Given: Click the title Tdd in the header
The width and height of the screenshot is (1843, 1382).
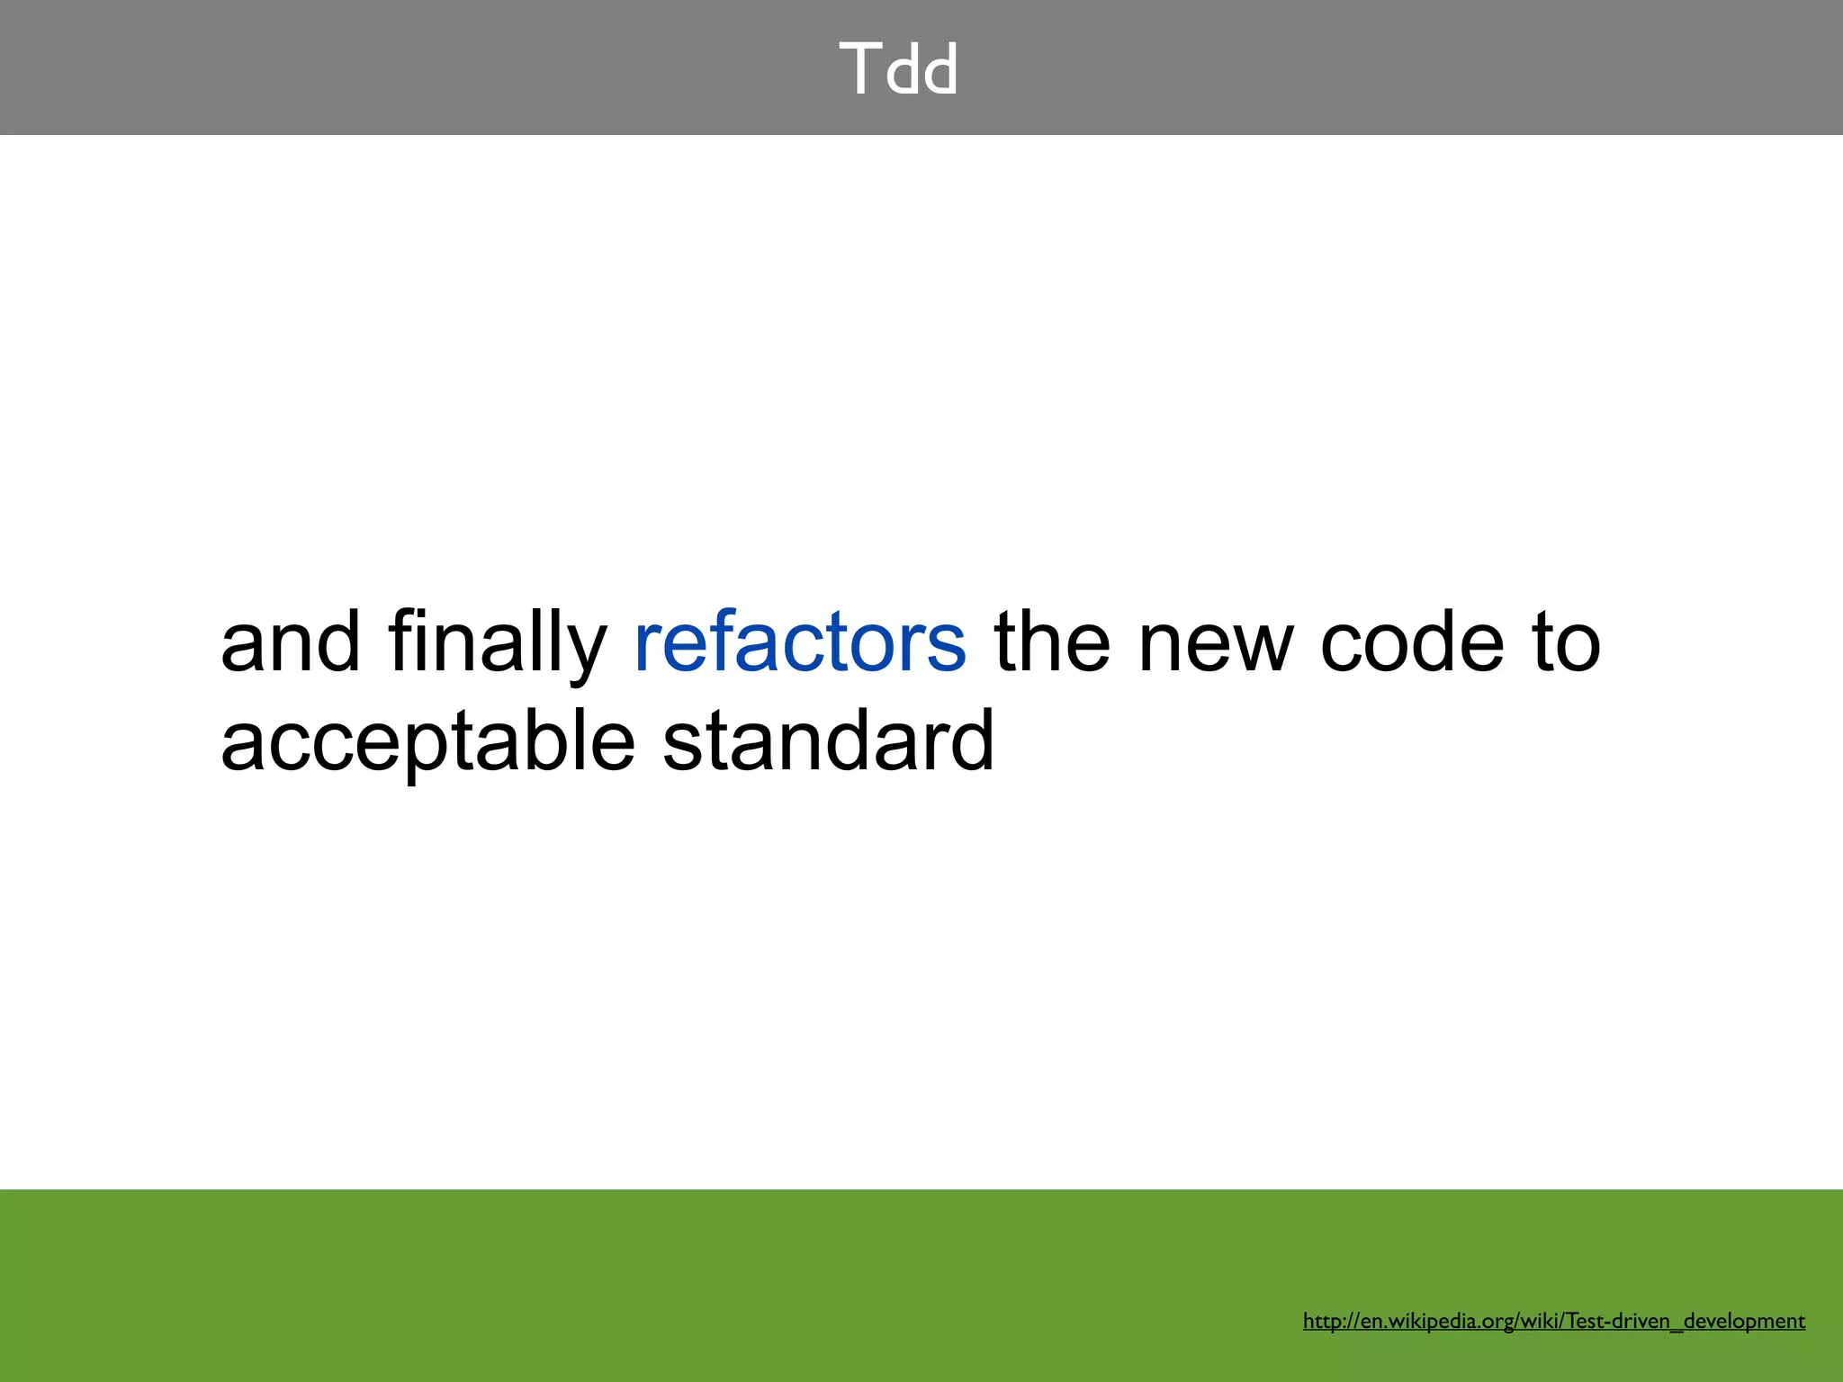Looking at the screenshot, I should pos(899,68).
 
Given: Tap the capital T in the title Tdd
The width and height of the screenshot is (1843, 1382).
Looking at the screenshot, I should pos(859,68).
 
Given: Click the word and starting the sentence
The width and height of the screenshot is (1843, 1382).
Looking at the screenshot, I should pos(290,642).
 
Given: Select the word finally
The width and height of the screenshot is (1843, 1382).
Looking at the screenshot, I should pos(498,642).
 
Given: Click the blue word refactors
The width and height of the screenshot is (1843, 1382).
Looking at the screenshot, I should pos(800,642).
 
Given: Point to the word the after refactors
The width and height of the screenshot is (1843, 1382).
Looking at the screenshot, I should pos(1051,642).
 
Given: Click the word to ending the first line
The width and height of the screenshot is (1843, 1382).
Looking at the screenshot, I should pos(1567,642).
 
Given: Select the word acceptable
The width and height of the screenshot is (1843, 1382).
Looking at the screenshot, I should pos(428,743).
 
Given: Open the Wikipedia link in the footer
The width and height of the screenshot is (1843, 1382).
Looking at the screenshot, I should pos(1553,1321).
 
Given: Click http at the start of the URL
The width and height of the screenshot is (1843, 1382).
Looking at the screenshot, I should pos(1322,1321).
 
